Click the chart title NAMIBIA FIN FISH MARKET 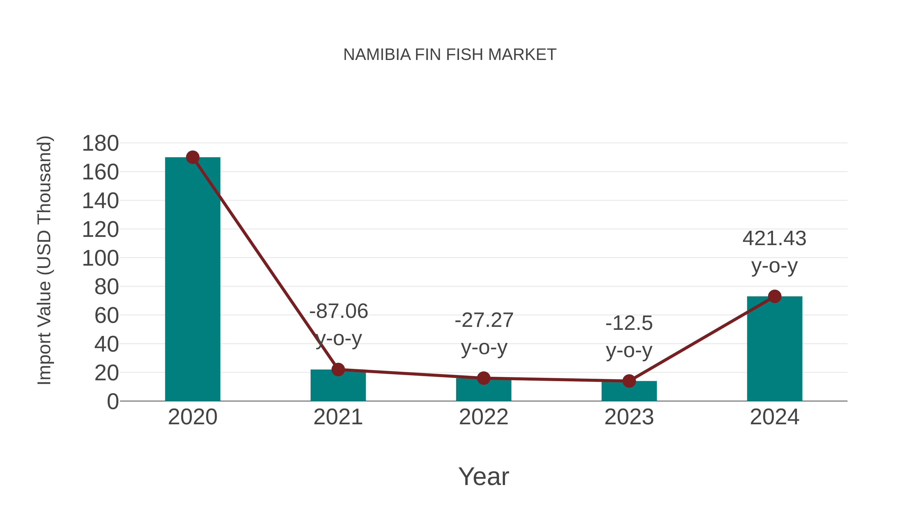[x=450, y=55]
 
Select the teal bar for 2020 [x=192, y=279]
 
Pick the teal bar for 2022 [x=483, y=391]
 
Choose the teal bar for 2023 [x=629, y=392]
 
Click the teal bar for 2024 [x=774, y=349]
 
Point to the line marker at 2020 [x=192, y=157]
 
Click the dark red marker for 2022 [x=483, y=378]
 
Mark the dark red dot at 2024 [x=774, y=296]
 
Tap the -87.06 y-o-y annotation [x=338, y=311]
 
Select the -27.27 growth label [x=484, y=320]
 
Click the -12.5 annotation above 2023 [x=629, y=323]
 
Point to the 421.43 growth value [x=774, y=239]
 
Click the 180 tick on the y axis [x=100, y=143]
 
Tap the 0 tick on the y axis [x=112, y=401]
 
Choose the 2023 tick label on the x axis [x=629, y=417]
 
